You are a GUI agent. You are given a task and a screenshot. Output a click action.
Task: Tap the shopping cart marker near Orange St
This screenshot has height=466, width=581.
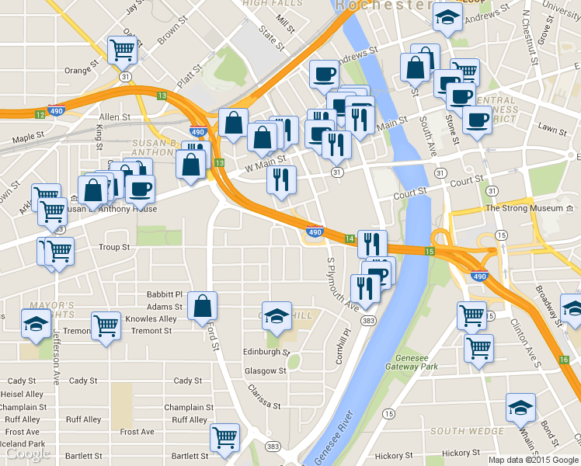pos(123,49)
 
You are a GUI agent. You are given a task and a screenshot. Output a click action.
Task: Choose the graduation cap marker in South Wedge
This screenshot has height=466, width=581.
pos(520,407)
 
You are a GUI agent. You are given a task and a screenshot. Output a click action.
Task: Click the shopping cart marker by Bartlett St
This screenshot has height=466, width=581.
pos(224,436)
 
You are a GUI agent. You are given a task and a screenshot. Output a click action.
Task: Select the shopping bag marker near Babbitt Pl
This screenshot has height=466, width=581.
pos(202,306)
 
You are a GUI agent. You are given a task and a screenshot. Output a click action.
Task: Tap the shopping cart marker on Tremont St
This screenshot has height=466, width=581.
pos(106,325)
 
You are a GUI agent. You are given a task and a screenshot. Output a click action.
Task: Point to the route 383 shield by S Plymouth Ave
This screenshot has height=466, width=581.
pos(368,320)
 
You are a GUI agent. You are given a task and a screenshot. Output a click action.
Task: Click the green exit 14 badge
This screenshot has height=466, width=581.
pos(349,238)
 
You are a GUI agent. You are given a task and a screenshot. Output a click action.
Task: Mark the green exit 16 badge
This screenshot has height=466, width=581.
pos(562,360)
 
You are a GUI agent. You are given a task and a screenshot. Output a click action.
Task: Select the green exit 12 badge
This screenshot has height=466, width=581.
pos(40,115)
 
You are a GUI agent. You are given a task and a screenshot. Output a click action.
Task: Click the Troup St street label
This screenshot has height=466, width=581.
pos(114,247)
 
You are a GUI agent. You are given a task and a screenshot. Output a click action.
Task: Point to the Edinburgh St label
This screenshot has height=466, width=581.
pos(266,352)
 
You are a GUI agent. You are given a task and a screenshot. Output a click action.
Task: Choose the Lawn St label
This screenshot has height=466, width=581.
pos(552,127)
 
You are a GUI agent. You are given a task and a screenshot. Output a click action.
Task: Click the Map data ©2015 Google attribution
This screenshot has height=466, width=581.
pos(534,459)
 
